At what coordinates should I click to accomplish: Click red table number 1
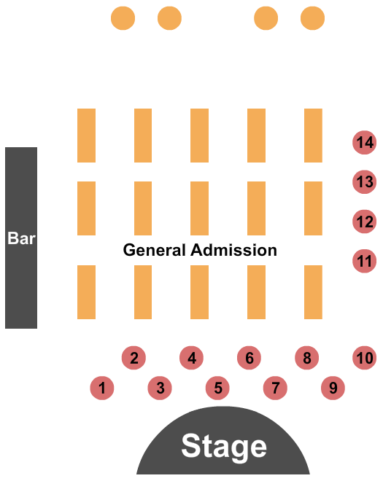[103, 388]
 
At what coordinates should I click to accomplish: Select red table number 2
[134, 358]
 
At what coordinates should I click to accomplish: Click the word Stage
[224, 446]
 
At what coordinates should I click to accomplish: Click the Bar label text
[21, 238]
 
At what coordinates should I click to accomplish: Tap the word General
[155, 250]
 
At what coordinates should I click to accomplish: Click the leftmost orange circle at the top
[123, 17]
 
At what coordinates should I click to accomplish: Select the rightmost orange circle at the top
[312, 17]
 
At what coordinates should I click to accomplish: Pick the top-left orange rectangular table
[86, 135]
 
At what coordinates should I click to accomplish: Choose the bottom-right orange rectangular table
[313, 292]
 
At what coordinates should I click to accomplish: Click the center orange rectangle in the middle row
[199, 208]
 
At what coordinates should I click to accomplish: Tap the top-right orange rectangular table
[313, 135]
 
